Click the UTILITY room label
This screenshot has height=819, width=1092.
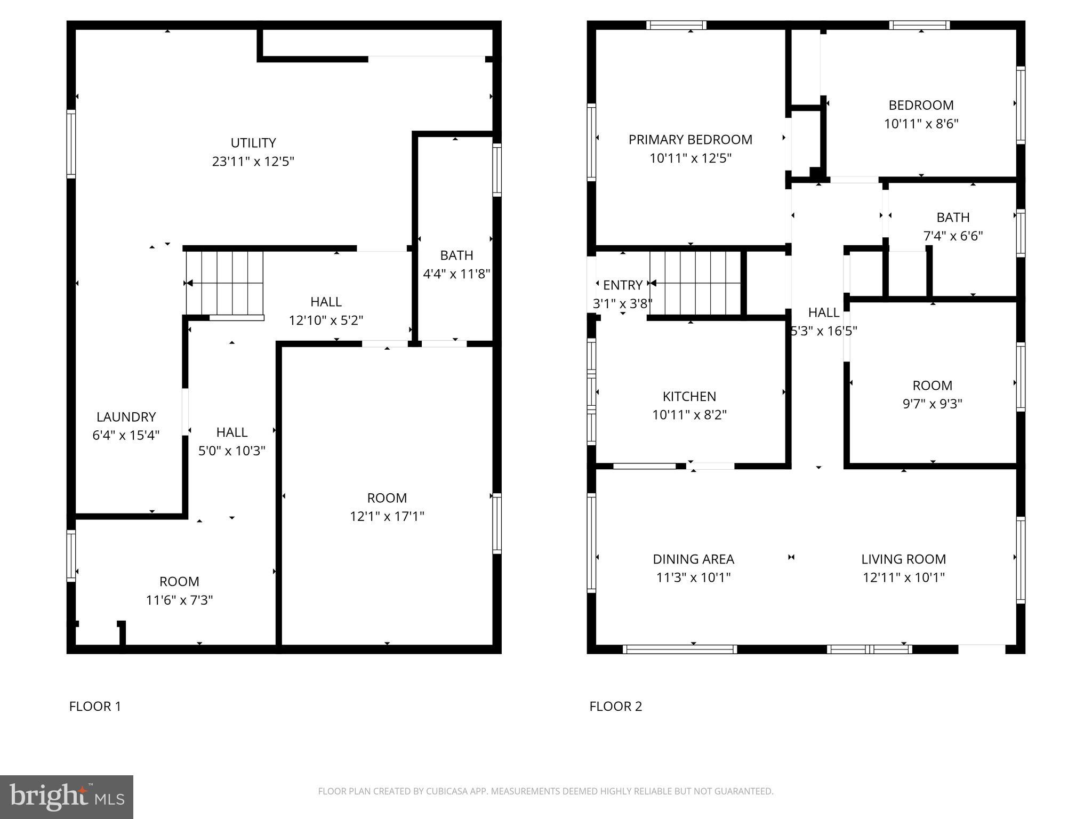coord(253,143)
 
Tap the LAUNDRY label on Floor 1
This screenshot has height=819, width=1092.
coord(126,417)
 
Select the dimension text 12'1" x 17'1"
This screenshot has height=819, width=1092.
coord(387,516)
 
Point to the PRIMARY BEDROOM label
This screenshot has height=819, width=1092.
coord(690,140)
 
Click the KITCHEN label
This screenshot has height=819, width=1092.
coord(689,396)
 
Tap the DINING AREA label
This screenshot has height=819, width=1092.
coord(693,559)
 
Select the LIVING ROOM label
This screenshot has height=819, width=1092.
coord(903,559)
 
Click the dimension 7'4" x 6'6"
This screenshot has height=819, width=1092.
coord(953,236)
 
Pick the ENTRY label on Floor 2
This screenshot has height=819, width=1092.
coord(622,285)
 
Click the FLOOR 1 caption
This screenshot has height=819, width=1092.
coord(95,706)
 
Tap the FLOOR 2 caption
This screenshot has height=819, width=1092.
coord(615,706)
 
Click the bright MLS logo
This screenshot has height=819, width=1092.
coord(66,797)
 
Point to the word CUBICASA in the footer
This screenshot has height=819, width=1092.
coord(447,791)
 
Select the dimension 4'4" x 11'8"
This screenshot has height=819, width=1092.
coord(456,274)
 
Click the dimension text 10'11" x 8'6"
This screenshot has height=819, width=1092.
coord(921,124)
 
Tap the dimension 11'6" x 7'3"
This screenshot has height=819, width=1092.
coord(179,600)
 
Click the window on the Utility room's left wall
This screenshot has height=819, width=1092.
coord(71,143)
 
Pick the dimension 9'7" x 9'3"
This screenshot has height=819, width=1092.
coord(932,404)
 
